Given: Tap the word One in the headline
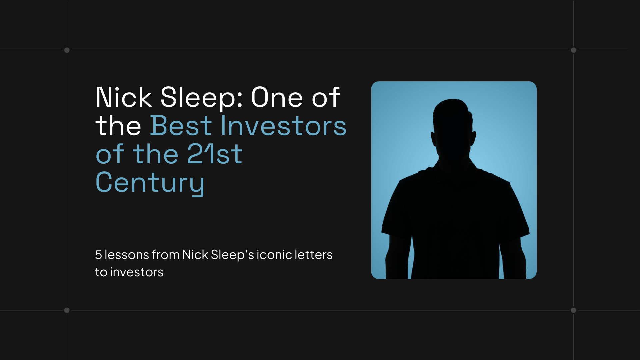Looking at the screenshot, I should [277, 97].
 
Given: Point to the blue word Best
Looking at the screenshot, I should [181, 126].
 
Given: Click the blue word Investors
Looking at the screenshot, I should [283, 126].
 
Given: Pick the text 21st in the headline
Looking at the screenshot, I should [215, 154].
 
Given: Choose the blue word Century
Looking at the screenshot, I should [150, 183].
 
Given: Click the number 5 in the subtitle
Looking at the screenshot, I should [98, 255].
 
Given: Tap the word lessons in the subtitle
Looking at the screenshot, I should [127, 255].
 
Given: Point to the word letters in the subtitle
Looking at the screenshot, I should [313, 255].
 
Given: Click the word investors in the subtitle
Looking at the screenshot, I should [137, 272].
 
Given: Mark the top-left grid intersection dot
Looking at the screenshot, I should [67, 50].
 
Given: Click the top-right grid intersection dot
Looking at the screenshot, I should [573, 50].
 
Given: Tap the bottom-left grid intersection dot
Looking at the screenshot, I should [67, 310].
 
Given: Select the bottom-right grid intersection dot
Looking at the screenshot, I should [573, 310].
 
